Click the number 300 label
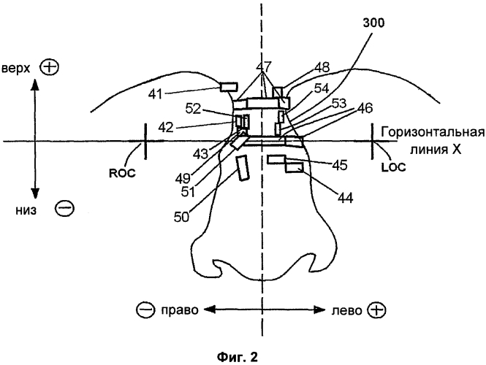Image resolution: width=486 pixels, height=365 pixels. tap(377, 23)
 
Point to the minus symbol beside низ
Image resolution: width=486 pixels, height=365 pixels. tap(64, 210)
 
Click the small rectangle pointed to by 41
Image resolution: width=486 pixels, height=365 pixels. tap(227, 88)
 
